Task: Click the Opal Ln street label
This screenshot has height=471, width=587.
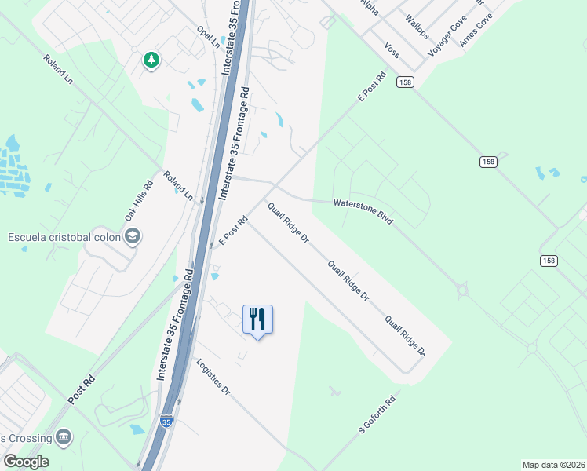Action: pos(208,36)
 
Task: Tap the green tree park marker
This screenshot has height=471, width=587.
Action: pos(151,60)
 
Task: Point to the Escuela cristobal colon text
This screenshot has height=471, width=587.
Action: pos(64,237)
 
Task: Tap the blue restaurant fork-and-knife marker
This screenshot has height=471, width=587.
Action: pos(257,319)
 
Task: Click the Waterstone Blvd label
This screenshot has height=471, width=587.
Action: pos(363,212)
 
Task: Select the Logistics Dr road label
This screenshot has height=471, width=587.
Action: pos(213,378)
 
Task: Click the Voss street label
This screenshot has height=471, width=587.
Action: pos(392,49)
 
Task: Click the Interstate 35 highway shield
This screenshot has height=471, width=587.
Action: pos(166,422)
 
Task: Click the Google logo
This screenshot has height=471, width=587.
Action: pos(26,461)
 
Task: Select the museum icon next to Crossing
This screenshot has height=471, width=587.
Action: pos(64,437)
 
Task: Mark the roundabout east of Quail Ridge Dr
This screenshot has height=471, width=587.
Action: pos(462,291)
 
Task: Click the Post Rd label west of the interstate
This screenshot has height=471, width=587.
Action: pos(81,390)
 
